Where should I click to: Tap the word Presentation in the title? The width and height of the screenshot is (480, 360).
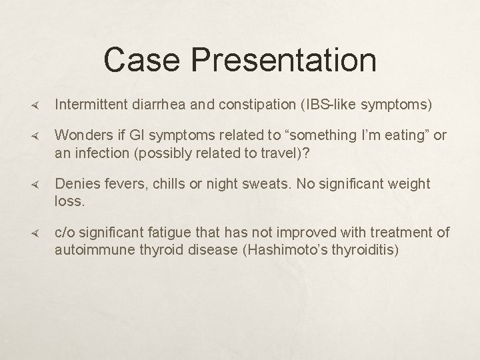[x=285, y=61]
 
